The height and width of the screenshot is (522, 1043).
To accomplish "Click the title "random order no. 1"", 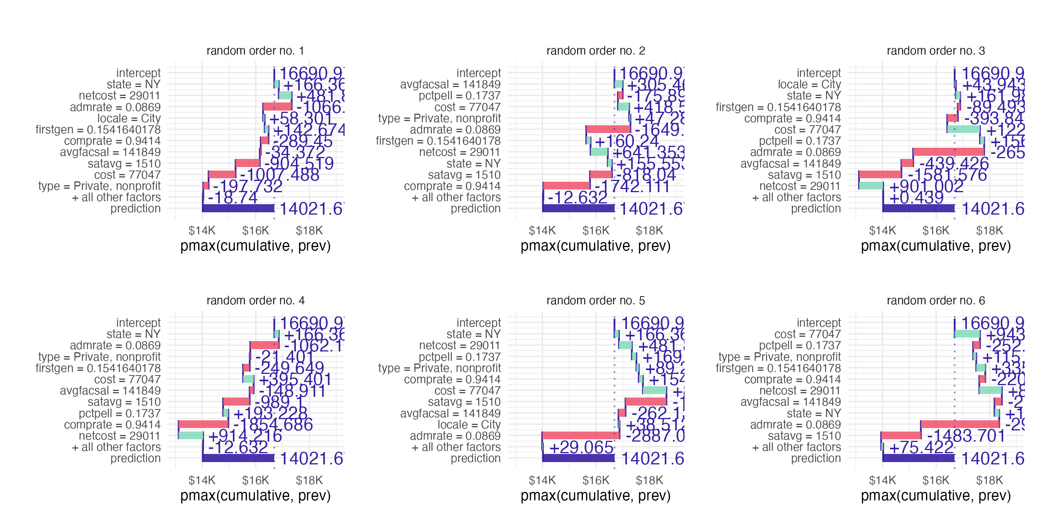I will (x=255, y=51).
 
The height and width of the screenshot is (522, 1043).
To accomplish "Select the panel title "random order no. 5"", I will (x=595, y=300).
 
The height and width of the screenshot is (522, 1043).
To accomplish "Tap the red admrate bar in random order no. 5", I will (x=581, y=436).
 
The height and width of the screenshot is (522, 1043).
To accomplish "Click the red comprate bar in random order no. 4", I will (x=203, y=424).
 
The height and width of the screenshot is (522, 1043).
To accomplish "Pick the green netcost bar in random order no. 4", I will (x=191, y=436).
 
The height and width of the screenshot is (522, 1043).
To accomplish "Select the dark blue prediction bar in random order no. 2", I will (x=578, y=208).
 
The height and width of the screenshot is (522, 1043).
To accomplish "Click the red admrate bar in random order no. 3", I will (x=949, y=152).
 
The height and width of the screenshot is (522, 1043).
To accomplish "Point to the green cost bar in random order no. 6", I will (x=967, y=334).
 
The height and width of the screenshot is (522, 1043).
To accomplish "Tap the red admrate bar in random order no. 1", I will (x=277, y=107).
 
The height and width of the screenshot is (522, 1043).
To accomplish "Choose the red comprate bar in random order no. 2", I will (x=566, y=186).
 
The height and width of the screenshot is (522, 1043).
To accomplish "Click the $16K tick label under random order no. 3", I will (x=936, y=230).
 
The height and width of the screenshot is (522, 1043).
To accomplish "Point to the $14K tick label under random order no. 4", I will (x=202, y=480).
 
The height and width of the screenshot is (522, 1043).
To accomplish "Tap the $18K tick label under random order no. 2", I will (x=649, y=230).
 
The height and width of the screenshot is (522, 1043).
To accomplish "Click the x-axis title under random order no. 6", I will (x=936, y=496).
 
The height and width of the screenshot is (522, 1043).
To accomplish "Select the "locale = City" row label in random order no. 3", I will (x=809, y=84).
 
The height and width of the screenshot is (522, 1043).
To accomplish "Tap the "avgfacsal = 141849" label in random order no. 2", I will (x=450, y=84).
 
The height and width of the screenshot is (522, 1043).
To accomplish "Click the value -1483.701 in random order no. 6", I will (x=966, y=436).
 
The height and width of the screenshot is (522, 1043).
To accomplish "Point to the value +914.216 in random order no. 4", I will (x=245, y=436).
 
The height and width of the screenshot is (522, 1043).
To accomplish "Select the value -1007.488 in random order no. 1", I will (x=279, y=175).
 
